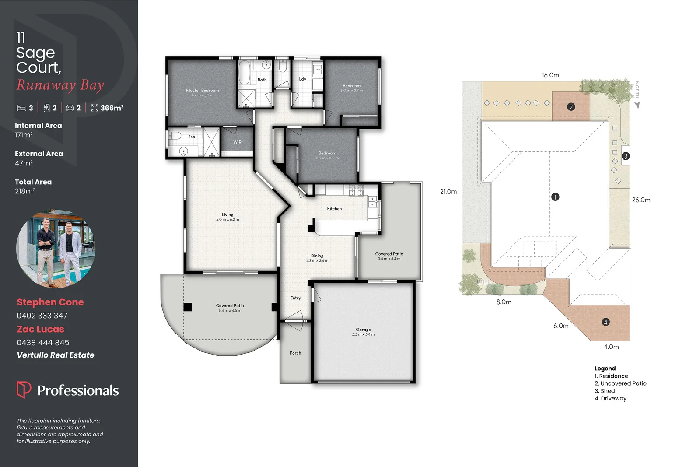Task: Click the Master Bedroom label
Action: [203, 91]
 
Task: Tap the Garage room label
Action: [363, 330]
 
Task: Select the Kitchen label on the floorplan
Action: [334, 209]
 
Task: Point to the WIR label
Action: [237, 142]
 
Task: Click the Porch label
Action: [295, 353]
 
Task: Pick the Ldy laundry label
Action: [302, 79]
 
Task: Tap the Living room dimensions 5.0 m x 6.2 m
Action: [227, 220]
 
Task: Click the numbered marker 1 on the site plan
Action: [555, 197]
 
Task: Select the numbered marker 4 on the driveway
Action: [605, 322]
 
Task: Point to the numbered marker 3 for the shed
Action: [626, 156]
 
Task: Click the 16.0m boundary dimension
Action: [550, 75]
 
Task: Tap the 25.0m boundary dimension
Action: [641, 200]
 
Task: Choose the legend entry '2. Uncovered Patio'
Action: [620, 383]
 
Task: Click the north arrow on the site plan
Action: [637, 105]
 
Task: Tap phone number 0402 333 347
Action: [42, 316]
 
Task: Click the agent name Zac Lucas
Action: [41, 329]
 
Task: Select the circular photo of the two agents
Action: [56, 248]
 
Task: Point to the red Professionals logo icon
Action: [24, 389]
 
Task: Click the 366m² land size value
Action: [112, 108]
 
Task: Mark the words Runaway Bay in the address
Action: [60, 85]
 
